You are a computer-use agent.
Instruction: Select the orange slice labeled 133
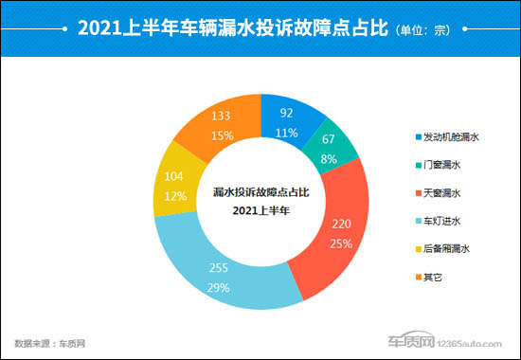(220, 123)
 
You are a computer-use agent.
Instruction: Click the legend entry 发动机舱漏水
(448, 137)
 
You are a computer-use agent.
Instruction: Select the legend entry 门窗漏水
(441, 165)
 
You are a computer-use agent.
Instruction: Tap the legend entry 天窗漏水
(441, 192)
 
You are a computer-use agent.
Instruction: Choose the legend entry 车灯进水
(441, 221)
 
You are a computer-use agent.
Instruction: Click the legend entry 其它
(436, 276)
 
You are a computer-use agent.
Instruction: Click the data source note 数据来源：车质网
(50, 342)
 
